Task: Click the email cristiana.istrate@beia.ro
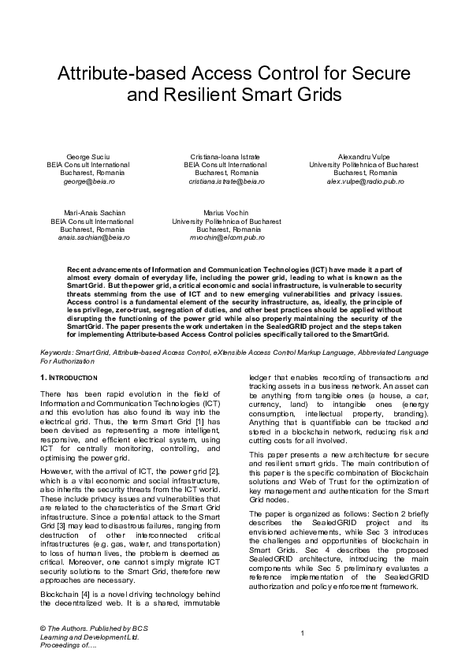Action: coord(226,181)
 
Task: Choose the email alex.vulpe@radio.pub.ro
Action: coord(365,181)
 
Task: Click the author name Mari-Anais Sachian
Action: coord(91,213)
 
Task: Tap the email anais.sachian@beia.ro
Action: coord(94,237)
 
